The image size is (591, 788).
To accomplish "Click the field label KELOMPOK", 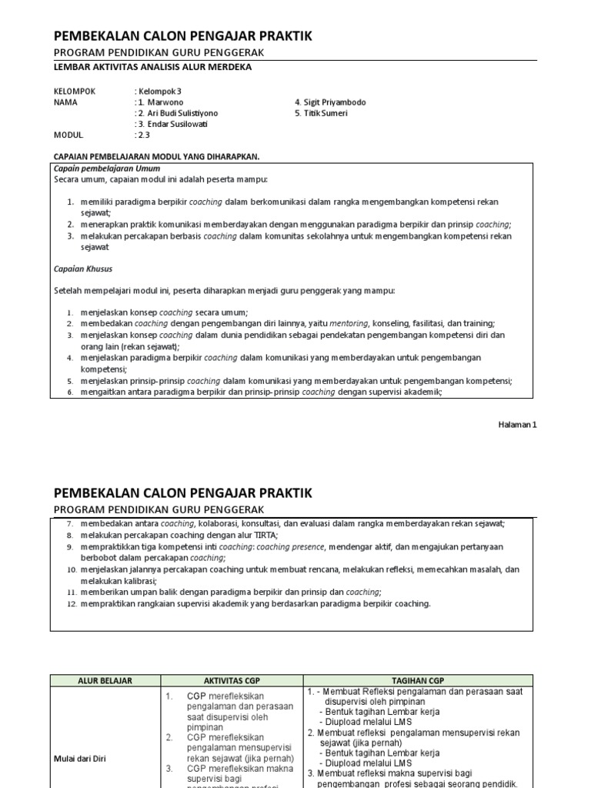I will click(75, 91).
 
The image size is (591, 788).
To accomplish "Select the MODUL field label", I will click(68, 135).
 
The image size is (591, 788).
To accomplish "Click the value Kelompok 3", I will click(159, 91).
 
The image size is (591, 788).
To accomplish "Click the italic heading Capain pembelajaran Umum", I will click(106, 168).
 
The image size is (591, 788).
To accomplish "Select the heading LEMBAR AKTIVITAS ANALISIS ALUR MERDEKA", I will click(152, 67).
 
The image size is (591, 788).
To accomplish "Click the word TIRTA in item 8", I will click(265, 534).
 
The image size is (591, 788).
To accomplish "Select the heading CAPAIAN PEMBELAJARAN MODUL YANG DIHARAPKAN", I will click(156, 156).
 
